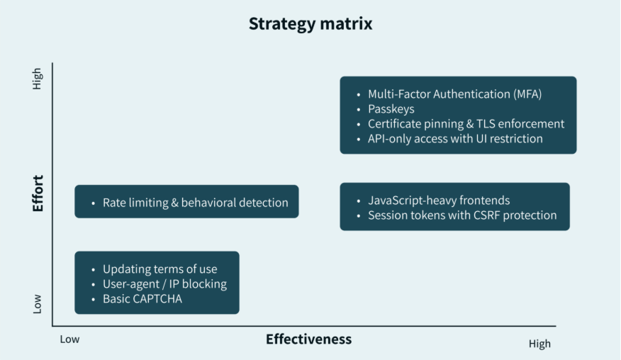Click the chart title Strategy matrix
(310, 23)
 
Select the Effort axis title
(38, 193)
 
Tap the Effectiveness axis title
(308, 339)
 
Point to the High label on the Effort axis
(38, 79)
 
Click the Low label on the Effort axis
(38, 303)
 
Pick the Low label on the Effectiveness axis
(69, 339)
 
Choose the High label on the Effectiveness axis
(539, 344)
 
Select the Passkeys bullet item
(391, 109)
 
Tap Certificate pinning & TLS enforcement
(466, 124)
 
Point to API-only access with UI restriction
(455, 139)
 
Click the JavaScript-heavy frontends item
(439, 201)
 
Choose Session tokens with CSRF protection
(462, 215)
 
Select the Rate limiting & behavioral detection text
(195, 203)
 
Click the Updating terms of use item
(160, 269)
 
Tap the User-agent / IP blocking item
(164, 284)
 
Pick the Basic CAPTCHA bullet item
(142, 299)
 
